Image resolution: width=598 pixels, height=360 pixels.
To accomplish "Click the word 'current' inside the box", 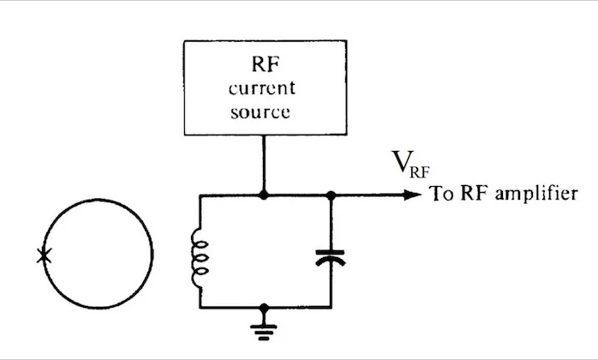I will pos(264,89).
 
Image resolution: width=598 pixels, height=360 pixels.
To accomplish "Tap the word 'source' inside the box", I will pos(264,112).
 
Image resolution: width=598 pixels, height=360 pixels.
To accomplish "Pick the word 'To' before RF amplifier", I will pos(440,194).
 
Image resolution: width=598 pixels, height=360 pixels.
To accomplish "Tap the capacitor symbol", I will pos(331,256).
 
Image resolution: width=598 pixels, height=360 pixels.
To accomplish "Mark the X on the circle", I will pos(44,255).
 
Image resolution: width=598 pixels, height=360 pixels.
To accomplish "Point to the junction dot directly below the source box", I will pos(265,195).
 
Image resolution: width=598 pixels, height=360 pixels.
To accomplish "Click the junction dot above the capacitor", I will pos(331,195).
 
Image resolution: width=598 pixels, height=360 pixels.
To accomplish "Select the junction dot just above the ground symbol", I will pos(265,307).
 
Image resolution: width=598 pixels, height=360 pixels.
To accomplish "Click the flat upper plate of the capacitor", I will pos(331,252).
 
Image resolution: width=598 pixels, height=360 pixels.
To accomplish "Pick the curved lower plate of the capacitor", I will pos(331,261).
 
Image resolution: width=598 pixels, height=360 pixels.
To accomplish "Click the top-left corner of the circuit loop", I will pos(200,195).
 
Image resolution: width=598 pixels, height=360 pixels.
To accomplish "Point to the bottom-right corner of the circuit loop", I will pos(331,307).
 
